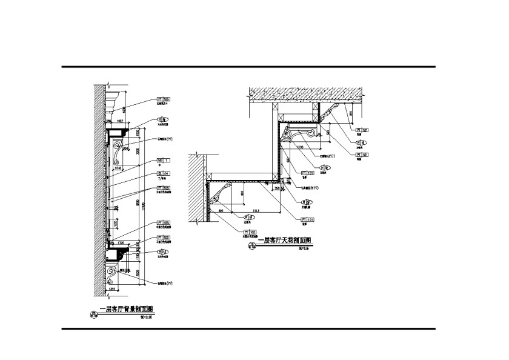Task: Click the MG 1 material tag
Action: tap(164, 160)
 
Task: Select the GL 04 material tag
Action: tap(164, 175)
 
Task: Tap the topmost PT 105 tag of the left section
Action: tap(164, 99)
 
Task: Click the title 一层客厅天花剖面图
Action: tap(284, 241)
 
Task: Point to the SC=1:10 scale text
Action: tap(146, 316)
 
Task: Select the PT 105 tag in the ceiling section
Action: tap(250, 232)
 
